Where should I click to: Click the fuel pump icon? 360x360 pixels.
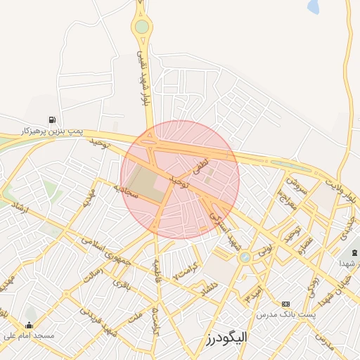[53, 120]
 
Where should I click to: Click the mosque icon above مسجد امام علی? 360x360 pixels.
[29, 325]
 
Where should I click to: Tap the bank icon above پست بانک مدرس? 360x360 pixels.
[285, 304]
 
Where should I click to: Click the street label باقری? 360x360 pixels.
[121, 285]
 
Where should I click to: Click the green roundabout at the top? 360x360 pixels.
[143, 27]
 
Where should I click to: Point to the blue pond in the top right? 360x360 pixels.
[313, 6]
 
